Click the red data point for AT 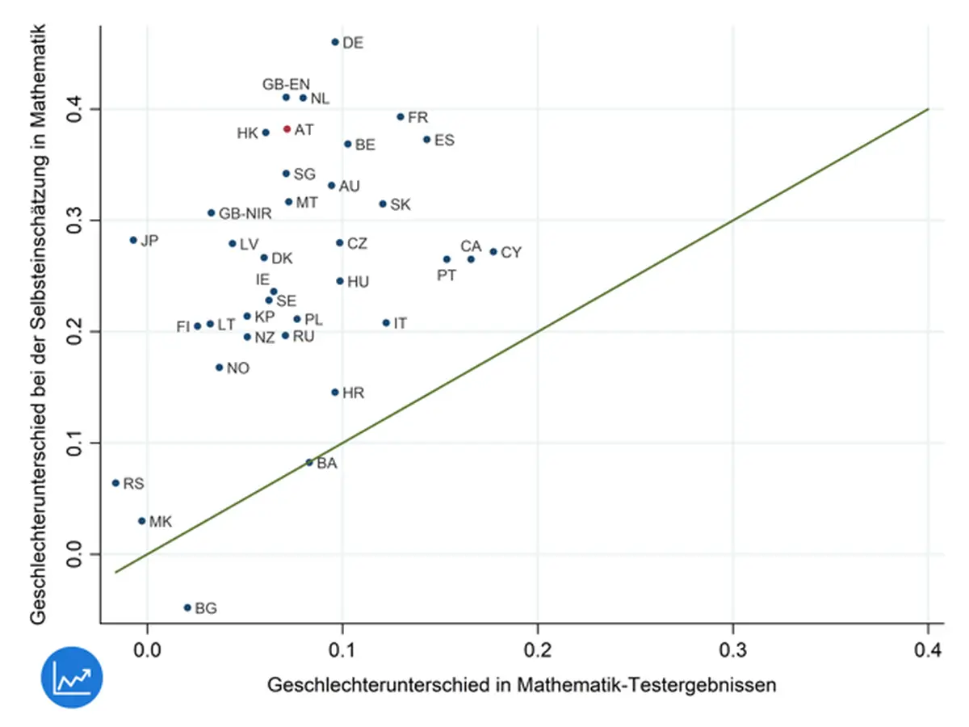[287, 129]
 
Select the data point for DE [335, 42]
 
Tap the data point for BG [187, 607]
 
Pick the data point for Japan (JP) [133, 240]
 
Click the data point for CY [493, 252]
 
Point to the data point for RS [115, 483]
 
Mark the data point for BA [309, 462]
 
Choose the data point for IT [386, 323]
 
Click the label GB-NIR [245, 213]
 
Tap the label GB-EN [286, 84]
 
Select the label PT [447, 275]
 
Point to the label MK [161, 522]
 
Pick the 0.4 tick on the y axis [76, 109]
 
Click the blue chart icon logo [73, 675]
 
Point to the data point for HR [335, 393]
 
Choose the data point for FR [401, 117]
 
